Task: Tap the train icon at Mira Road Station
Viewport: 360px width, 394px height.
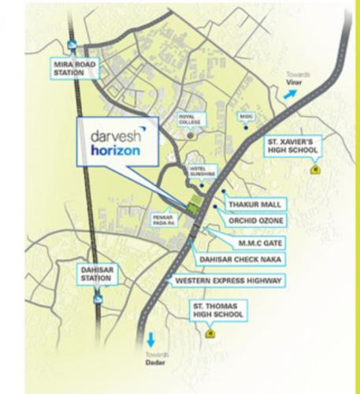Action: point(72,45)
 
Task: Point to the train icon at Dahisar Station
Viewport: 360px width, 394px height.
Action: point(97,299)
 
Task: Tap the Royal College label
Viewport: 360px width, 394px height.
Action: point(189,120)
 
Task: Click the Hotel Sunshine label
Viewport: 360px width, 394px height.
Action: point(202,172)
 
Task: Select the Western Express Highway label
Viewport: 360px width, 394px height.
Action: point(228,281)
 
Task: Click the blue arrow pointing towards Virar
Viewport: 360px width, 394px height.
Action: point(291,91)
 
